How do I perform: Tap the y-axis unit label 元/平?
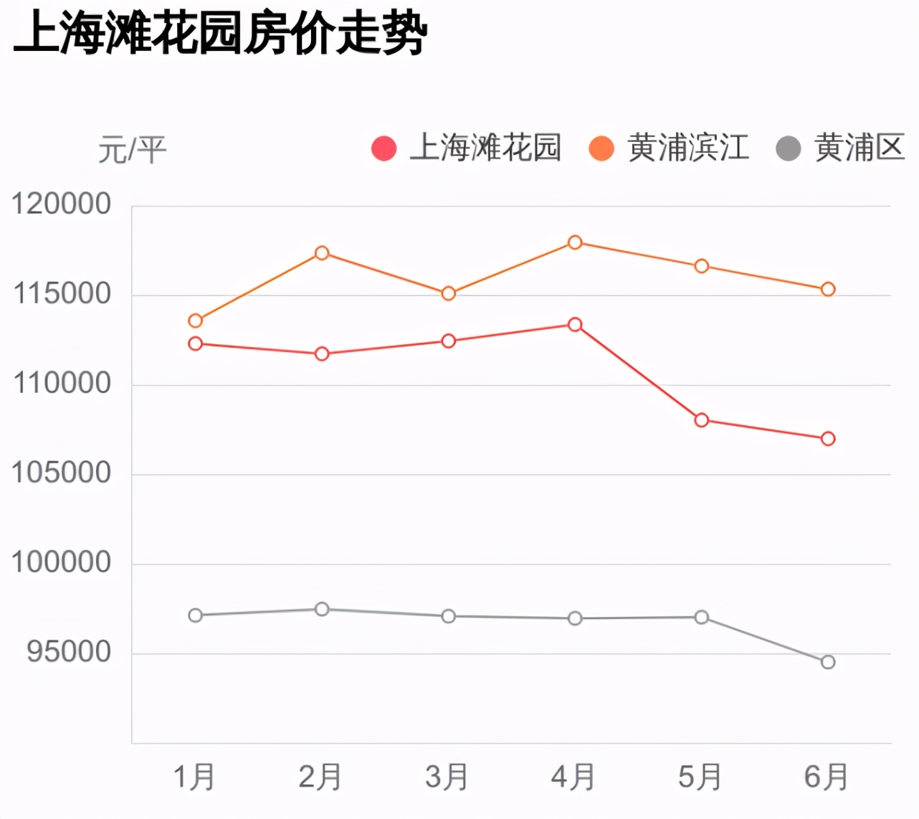coord(132,150)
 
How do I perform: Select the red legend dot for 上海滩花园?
coord(384,148)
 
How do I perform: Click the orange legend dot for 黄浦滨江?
coord(601,148)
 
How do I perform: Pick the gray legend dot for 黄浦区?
coord(789,148)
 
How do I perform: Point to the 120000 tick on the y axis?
coord(62,204)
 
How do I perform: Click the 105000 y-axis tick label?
coord(62,473)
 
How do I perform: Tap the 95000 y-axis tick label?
coord(70,652)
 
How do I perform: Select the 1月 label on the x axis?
coord(194,777)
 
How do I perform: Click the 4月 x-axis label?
coord(573,777)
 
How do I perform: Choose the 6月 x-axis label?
coord(827,777)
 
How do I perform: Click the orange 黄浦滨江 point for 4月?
coord(575,242)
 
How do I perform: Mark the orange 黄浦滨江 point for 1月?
coord(195,321)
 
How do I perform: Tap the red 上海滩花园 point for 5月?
coord(702,420)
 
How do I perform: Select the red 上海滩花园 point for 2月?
coord(322,354)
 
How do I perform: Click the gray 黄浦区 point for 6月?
coord(828,662)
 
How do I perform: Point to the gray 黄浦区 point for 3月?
coord(449,616)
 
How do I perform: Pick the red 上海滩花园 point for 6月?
coord(828,439)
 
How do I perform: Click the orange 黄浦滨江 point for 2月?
coord(322,253)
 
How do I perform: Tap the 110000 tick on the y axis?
coord(62,384)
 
